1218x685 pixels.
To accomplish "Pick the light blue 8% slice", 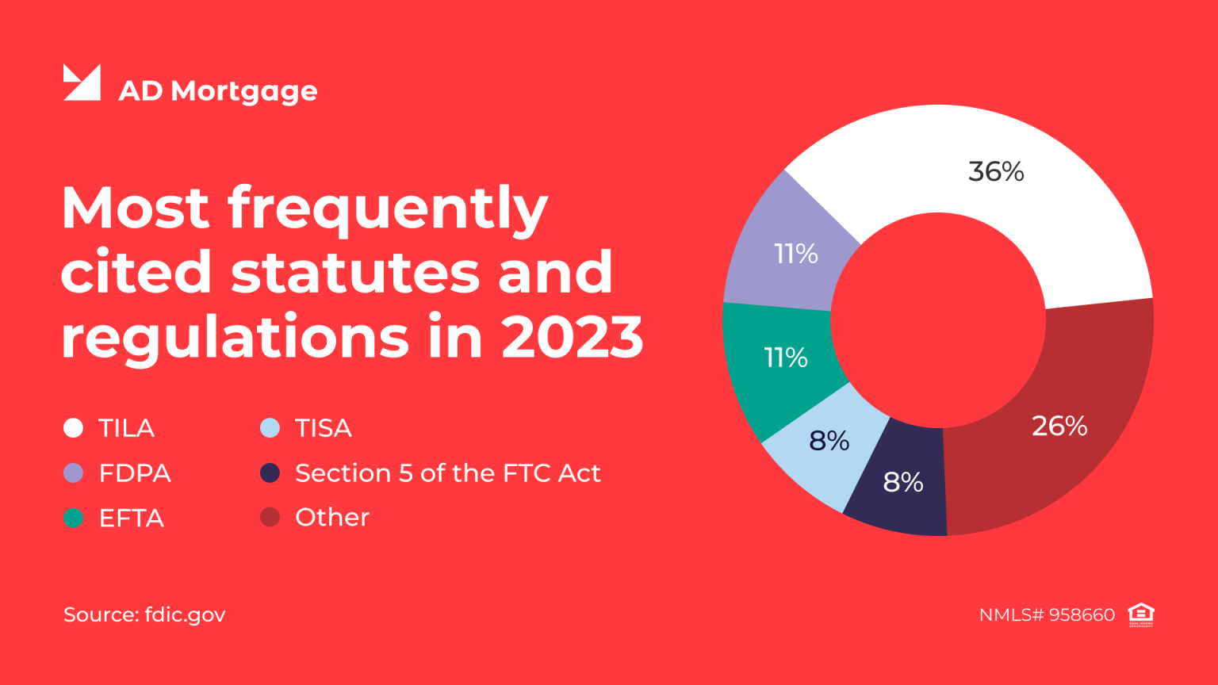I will [x=825, y=444].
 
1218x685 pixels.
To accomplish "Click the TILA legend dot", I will [x=73, y=428].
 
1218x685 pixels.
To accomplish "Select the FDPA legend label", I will [x=135, y=473].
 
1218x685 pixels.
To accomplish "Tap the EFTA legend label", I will [x=132, y=519].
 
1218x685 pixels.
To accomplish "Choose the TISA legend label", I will [x=324, y=428].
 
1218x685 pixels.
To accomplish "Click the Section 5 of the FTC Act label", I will [x=448, y=473].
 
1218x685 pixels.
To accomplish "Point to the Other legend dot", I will [x=270, y=518].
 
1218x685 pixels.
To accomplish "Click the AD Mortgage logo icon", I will [x=82, y=82].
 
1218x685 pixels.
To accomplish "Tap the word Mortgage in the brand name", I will [x=244, y=92].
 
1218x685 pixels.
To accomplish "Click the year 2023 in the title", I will [x=573, y=337].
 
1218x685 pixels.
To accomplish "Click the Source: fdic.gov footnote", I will [x=144, y=614].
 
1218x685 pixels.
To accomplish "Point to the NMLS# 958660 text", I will [x=1047, y=614].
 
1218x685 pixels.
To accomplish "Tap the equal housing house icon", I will [x=1141, y=614].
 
